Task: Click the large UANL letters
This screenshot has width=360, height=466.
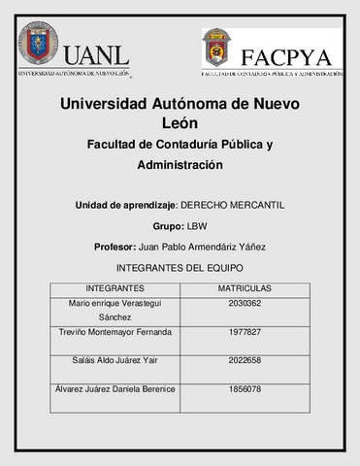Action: coord(97,54)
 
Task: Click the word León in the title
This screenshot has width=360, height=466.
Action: coord(180,122)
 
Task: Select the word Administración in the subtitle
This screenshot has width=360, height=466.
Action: coord(180,165)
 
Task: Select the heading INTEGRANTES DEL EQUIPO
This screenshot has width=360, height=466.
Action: coord(180,267)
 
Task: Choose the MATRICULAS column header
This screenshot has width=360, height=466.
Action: coord(245,288)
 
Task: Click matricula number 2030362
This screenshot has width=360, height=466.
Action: coord(245,303)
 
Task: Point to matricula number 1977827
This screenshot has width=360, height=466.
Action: coord(245,332)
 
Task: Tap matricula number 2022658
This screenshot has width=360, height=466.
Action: coord(245,361)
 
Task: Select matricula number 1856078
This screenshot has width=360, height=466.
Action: coord(245,389)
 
